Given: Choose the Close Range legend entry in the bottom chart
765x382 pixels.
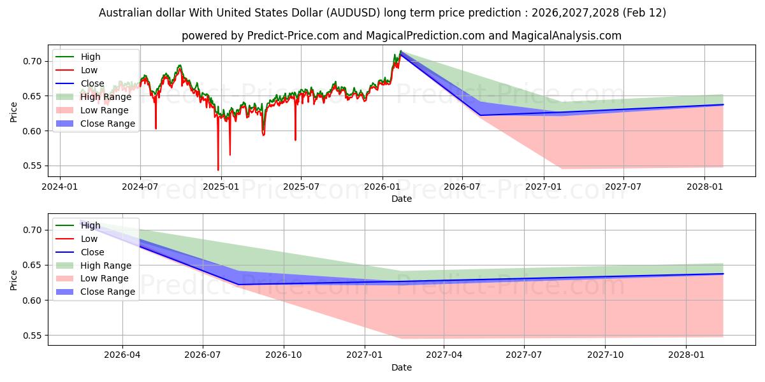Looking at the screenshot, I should [x=108, y=292].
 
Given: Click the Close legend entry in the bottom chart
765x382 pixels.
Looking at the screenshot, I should [x=92, y=252].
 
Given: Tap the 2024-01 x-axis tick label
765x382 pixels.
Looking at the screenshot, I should [x=60, y=187].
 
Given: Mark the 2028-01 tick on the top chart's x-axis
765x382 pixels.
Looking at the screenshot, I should [x=704, y=187].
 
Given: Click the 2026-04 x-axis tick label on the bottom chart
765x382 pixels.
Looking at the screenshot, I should [x=122, y=355].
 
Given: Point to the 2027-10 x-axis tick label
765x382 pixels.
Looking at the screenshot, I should [x=605, y=355].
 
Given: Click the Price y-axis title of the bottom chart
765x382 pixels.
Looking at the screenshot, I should [x=14, y=279].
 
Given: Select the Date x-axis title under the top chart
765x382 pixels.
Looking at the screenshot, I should [x=402, y=199].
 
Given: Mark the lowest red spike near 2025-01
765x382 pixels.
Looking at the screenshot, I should [x=218, y=170].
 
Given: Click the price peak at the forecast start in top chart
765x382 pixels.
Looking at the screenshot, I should [x=400, y=51].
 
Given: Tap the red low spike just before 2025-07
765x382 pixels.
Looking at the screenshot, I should [x=295, y=140].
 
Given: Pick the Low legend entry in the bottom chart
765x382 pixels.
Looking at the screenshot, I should [x=89, y=239].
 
